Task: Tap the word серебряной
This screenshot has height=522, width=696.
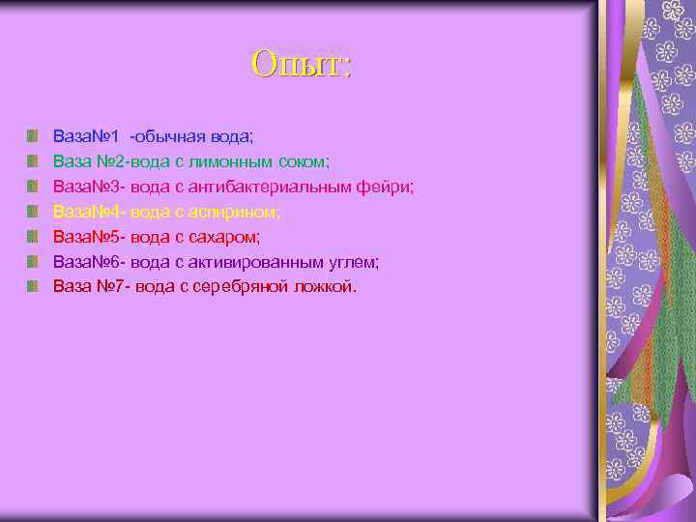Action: tap(237, 286)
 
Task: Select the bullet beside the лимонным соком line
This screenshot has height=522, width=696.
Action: tap(34, 160)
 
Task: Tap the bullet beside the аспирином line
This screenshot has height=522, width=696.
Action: tap(34, 211)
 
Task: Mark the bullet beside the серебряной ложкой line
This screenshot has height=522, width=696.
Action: tap(34, 286)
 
